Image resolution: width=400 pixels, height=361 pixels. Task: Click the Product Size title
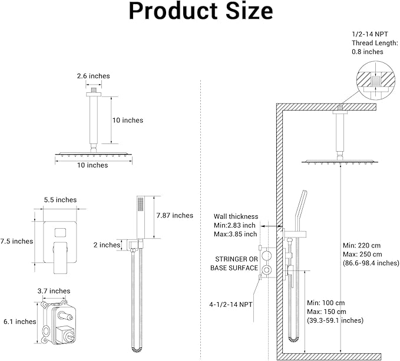point(200,11)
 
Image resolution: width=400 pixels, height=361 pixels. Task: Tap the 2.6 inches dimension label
point(93,76)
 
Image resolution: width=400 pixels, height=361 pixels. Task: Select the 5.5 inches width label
point(60,200)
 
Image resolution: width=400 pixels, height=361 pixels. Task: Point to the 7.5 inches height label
point(16,241)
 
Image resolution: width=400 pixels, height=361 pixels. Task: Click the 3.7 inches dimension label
point(54,291)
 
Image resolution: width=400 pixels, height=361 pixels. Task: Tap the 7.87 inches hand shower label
point(174,216)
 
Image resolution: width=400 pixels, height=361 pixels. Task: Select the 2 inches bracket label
point(107,245)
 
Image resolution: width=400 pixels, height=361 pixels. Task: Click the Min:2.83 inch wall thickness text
point(234,225)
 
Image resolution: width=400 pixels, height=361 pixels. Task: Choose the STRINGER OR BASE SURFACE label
point(234,263)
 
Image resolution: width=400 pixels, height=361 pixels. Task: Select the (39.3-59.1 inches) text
point(335,320)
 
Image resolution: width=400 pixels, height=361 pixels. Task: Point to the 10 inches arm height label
point(128,121)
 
